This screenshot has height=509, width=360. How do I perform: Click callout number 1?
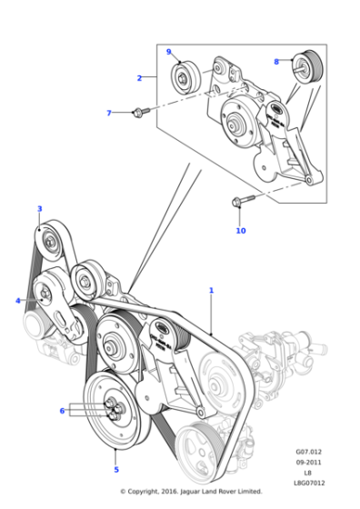(211, 291)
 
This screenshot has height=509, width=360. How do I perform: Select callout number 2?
(139, 78)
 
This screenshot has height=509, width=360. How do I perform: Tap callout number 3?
(39, 209)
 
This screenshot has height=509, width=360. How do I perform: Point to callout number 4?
(17, 301)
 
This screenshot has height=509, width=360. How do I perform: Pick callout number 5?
(115, 469)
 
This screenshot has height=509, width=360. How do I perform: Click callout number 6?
(62, 411)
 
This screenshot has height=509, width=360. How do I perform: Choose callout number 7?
(109, 113)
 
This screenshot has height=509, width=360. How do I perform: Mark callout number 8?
(276, 62)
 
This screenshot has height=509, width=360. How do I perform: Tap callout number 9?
(168, 52)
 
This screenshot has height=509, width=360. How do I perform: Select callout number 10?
(240, 231)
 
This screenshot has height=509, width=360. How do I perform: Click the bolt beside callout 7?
(139, 112)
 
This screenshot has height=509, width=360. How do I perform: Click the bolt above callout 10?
(237, 203)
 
